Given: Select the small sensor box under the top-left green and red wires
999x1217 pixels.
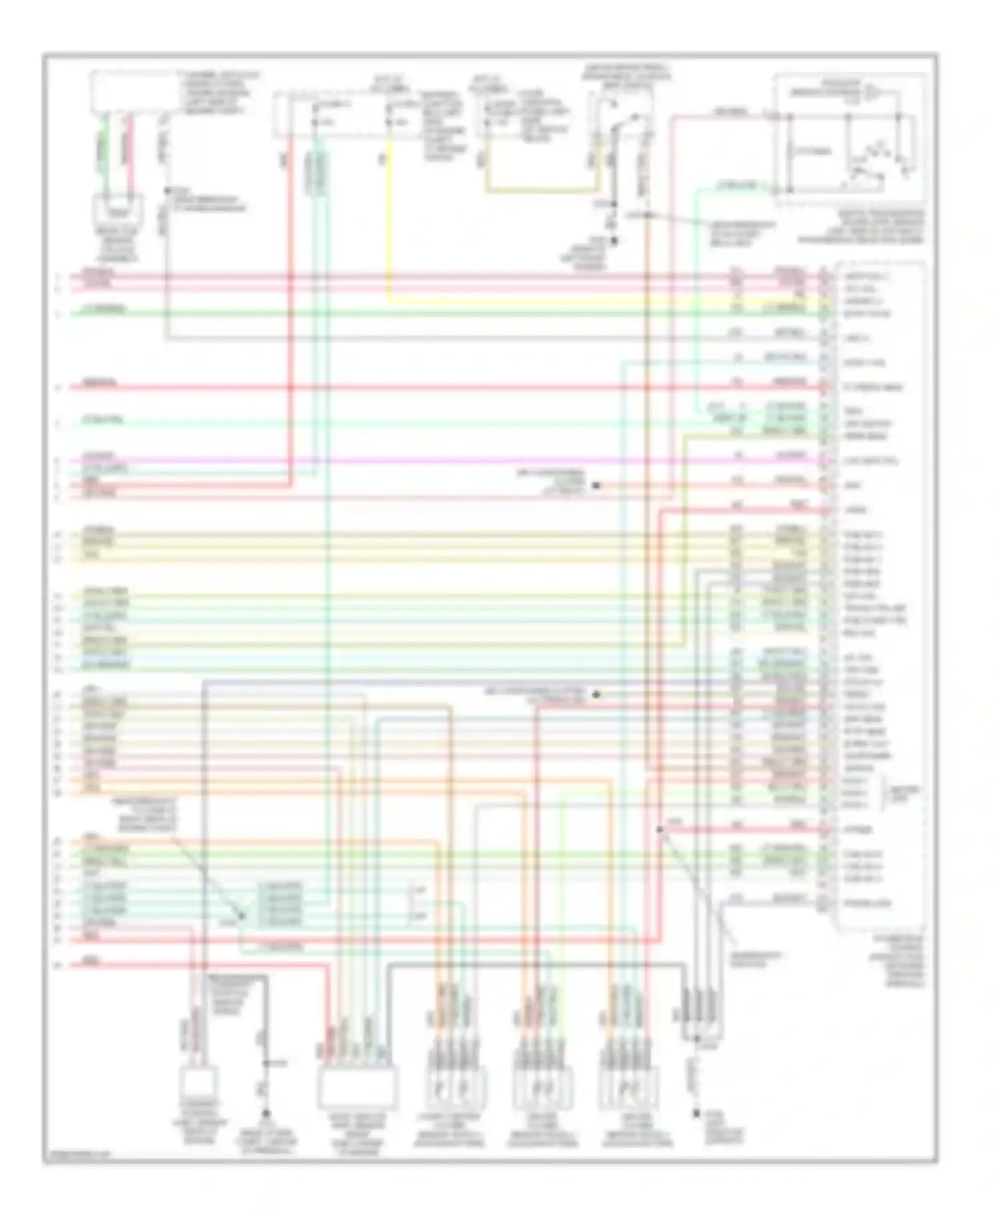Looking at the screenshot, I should tap(118, 211).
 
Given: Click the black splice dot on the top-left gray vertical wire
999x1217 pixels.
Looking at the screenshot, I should tap(166, 190).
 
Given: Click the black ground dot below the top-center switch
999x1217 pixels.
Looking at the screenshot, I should tap(614, 241).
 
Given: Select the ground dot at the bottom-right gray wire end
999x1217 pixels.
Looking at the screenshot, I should tap(697, 1113).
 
